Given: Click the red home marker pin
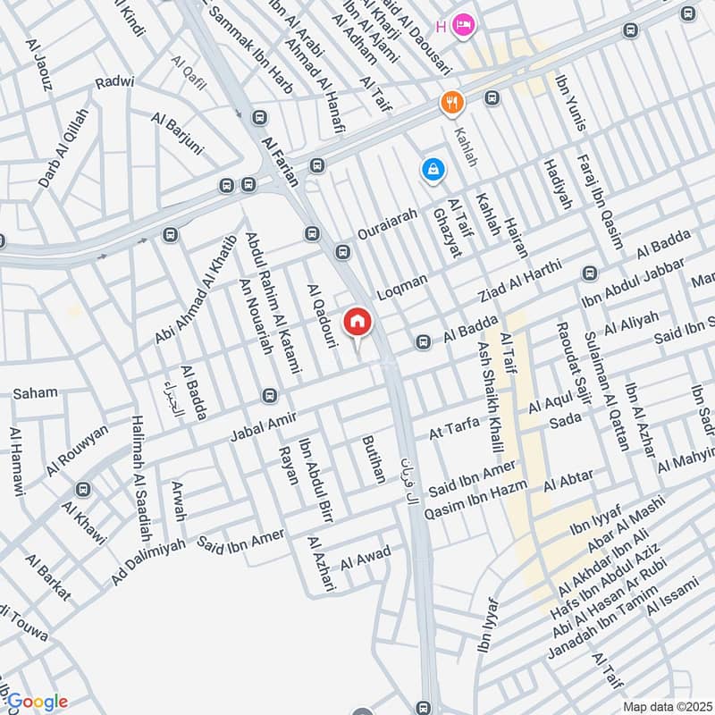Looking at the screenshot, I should tap(357, 323).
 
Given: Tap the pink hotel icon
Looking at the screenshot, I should tap(463, 24).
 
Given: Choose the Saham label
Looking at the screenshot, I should tap(35, 393).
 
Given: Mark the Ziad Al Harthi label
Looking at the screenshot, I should tap(519, 280).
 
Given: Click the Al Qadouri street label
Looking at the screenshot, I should tap(322, 315).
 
